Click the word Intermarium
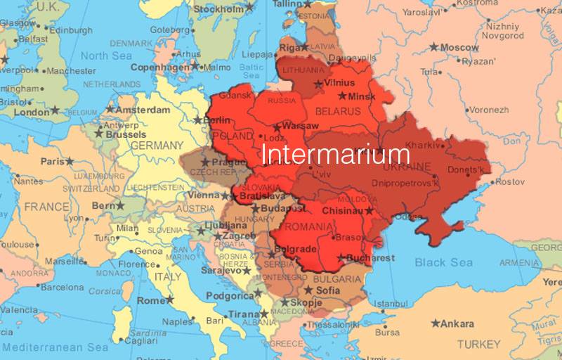click(335, 154)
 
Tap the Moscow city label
click(459, 47)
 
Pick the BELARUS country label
click(337, 111)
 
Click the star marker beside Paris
click(69, 161)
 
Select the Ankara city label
click(459, 323)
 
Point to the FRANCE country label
click(46, 207)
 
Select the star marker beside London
click(55, 111)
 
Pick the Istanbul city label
click(391, 303)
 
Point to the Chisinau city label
click(341, 210)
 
